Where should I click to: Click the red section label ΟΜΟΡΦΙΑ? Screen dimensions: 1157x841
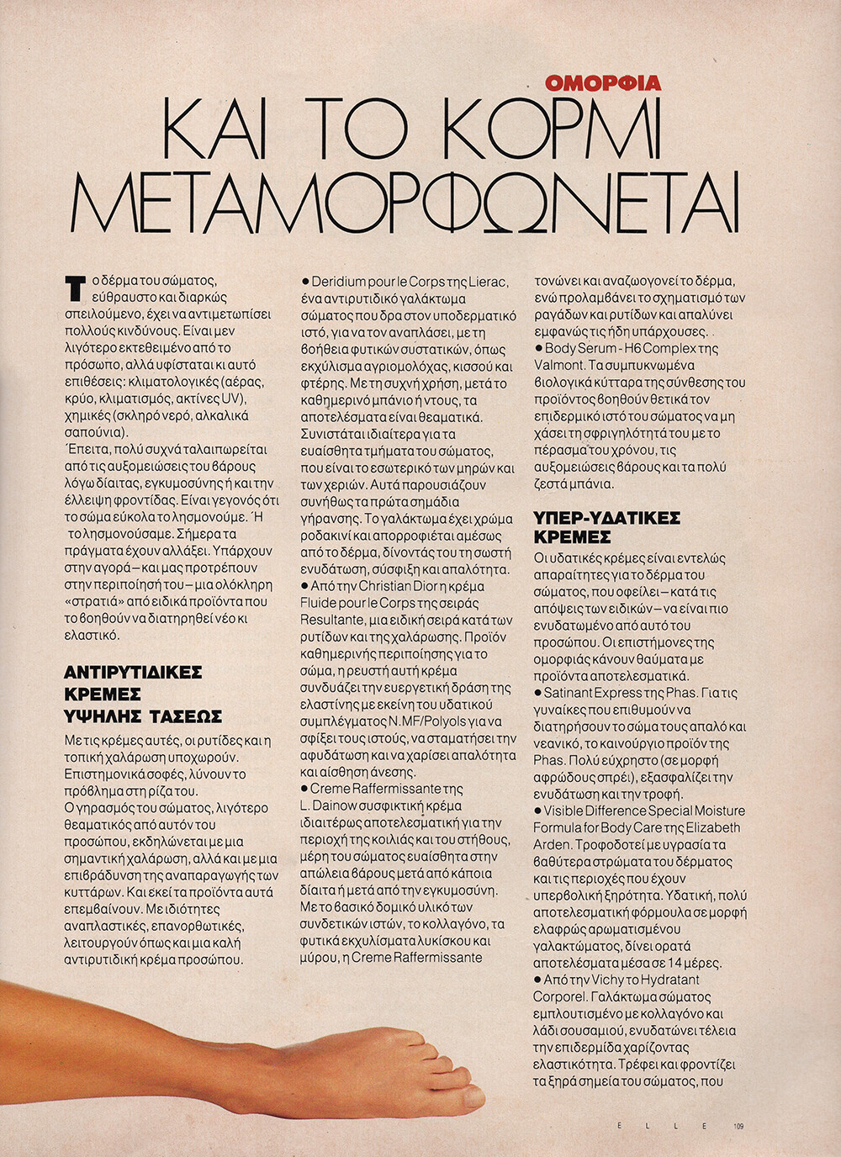click(603, 83)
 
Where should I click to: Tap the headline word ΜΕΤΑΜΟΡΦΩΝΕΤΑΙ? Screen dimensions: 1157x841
click(405, 205)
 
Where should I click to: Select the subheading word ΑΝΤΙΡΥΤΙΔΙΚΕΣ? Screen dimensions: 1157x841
click(134, 673)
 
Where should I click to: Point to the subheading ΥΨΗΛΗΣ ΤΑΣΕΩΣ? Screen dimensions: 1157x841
click(143, 716)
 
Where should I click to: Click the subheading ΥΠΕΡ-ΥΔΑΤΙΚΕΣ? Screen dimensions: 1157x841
click(606, 517)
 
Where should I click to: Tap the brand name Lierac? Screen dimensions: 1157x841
click(484, 282)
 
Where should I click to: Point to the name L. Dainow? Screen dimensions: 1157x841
click(333, 806)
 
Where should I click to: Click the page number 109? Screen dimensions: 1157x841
click(738, 1127)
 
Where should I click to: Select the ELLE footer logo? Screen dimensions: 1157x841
click(662, 1127)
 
